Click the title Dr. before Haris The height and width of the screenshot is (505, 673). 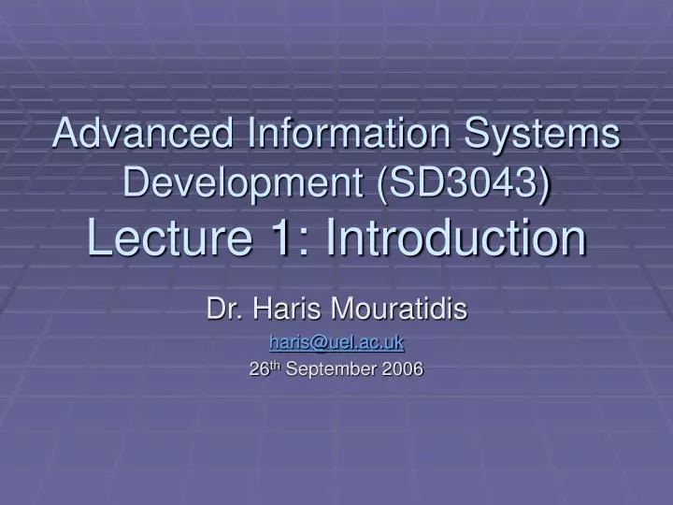(x=222, y=309)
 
